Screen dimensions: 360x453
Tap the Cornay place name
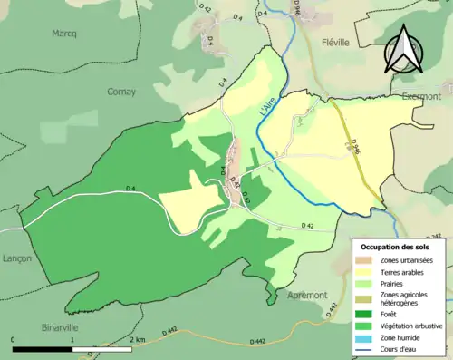click(121, 92)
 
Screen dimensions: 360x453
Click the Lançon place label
click(16, 258)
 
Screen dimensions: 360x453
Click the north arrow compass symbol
click(404, 50)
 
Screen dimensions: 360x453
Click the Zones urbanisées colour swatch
click(367, 260)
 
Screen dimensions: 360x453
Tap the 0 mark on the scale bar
click(14, 314)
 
